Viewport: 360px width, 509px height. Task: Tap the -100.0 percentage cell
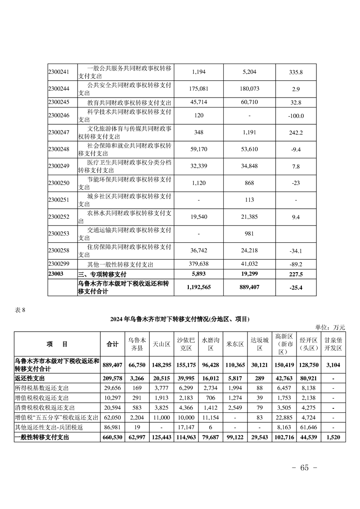click(296, 116)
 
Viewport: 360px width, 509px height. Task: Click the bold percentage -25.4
click(296, 287)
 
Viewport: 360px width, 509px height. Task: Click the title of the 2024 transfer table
click(180, 319)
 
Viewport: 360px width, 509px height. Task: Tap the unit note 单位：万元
click(330, 327)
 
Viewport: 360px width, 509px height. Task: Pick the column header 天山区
click(161, 344)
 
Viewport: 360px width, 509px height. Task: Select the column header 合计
click(112, 344)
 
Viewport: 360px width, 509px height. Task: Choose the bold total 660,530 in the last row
click(112, 438)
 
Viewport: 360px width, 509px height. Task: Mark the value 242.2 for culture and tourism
click(296, 132)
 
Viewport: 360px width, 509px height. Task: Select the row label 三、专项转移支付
click(102, 274)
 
